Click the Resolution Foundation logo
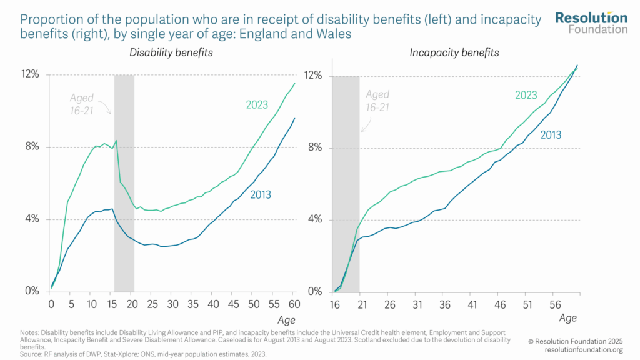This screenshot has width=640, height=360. (x=591, y=22)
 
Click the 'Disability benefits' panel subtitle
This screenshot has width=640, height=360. (x=171, y=52)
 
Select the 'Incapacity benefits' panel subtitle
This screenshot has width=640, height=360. (x=454, y=52)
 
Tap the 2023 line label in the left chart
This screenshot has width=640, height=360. (x=257, y=105)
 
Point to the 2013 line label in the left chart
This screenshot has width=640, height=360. (x=260, y=195)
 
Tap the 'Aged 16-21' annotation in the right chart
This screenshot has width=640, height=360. (x=377, y=101)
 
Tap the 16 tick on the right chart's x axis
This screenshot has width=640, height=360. (x=335, y=305)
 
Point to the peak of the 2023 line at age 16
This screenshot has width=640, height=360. (x=116, y=140)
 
